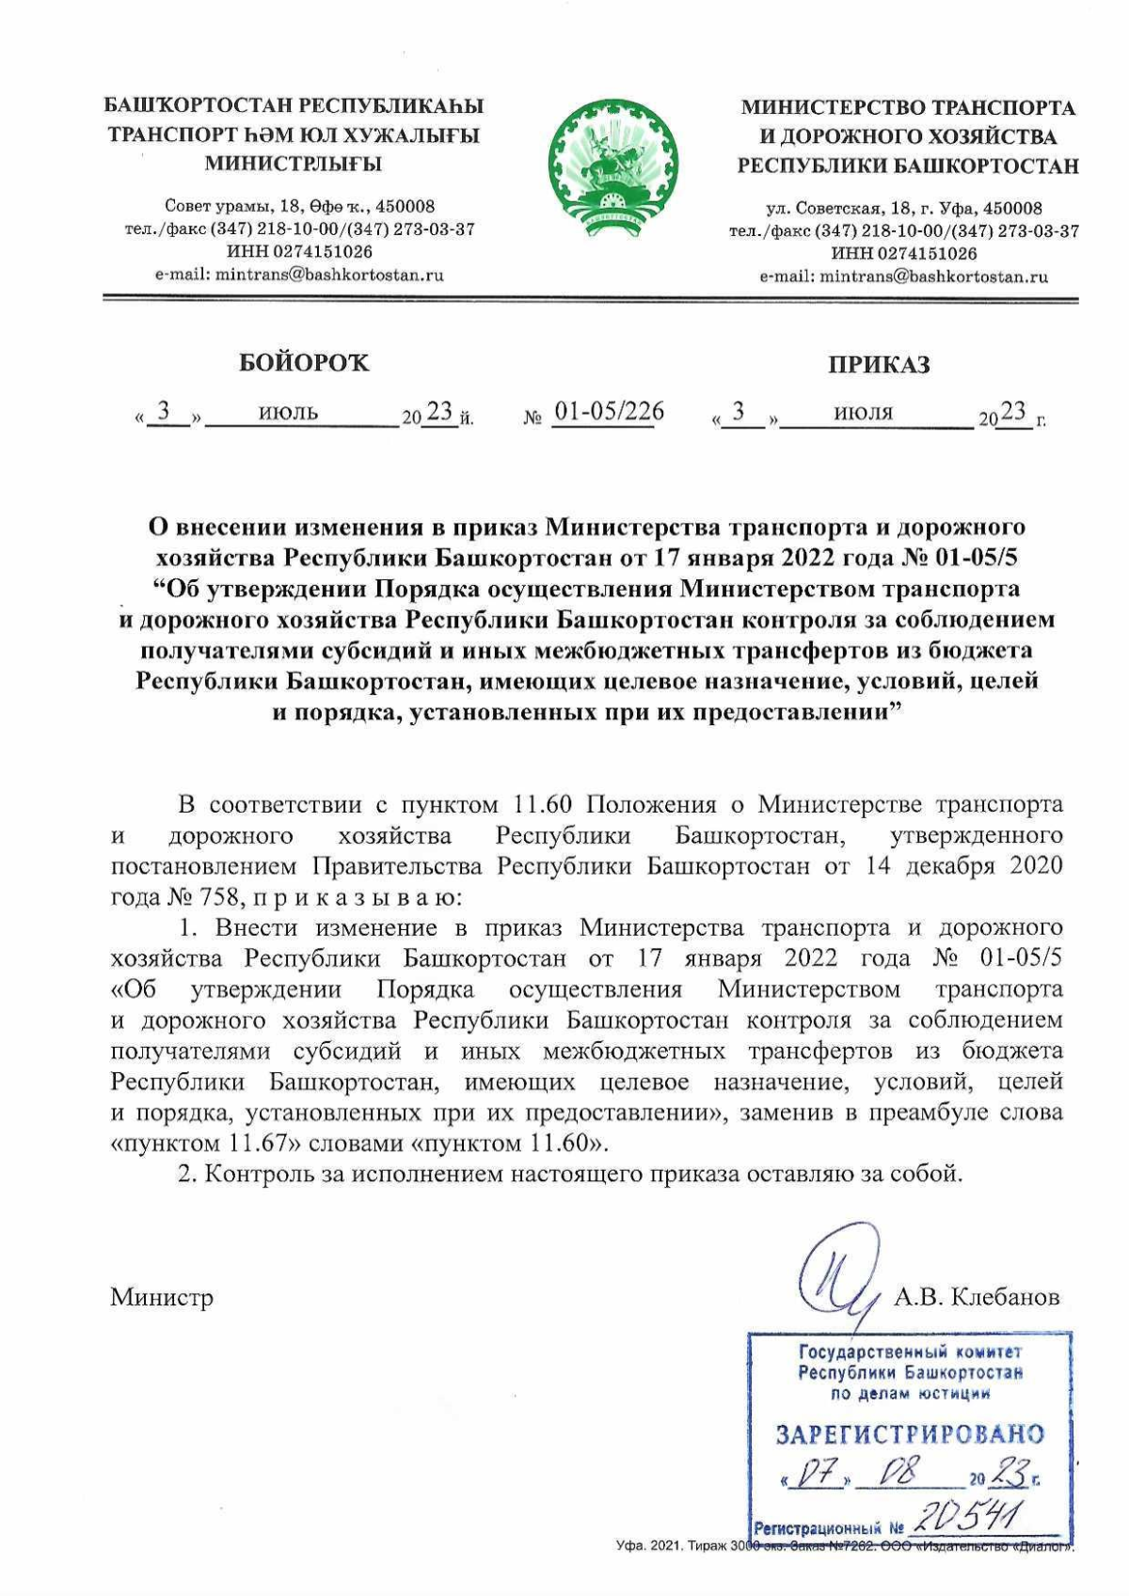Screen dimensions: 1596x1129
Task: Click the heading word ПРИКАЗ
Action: pyautogui.click(x=879, y=365)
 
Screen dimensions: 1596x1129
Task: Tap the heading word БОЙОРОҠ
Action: pyautogui.click(x=304, y=363)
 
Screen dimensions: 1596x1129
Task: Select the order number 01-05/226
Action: pyautogui.click(x=608, y=411)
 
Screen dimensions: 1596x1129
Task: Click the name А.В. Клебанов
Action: pyautogui.click(x=977, y=1297)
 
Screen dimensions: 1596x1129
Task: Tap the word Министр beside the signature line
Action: pyautogui.click(x=162, y=1297)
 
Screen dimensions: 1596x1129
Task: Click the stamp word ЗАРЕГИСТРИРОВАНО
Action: pyautogui.click(x=910, y=1434)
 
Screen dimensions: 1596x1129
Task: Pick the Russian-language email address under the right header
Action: pyautogui.click(x=903, y=277)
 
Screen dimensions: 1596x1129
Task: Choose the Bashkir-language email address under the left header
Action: pyautogui.click(x=299, y=275)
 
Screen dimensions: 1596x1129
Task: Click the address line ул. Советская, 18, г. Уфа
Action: pyautogui.click(x=903, y=208)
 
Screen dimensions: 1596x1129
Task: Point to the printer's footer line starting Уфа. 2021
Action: pyautogui.click(x=844, y=1546)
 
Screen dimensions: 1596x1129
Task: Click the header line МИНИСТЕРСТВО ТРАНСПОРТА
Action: pyautogui.click(x=908, y=107)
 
